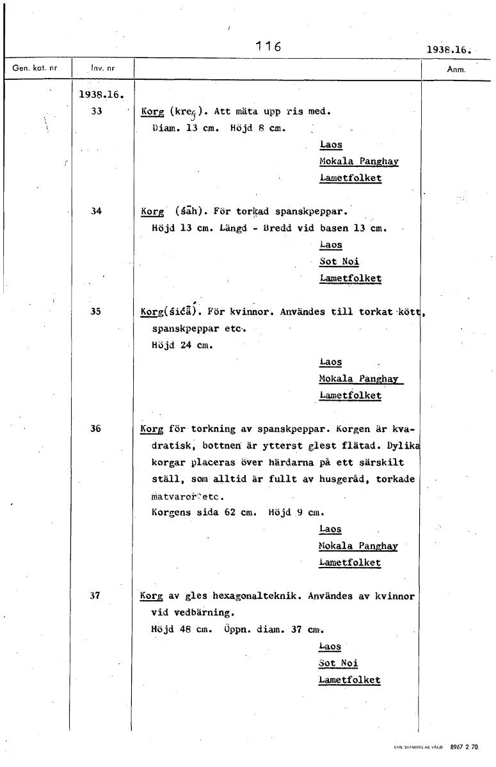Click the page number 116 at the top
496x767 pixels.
[269, 46]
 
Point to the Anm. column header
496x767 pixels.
[455, 69]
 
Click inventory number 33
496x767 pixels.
[96, 111]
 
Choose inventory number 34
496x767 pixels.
[96, 210]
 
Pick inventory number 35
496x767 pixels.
[96, 311]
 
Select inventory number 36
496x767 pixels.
[96, 429]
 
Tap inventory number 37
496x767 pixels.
[96, 595]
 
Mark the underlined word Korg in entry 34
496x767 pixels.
[152, 211]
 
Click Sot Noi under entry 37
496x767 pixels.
[339, 663]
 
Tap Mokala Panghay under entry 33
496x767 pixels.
[358, 161]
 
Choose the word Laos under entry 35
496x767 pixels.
[331, 362]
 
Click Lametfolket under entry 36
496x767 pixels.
[349, 562]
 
